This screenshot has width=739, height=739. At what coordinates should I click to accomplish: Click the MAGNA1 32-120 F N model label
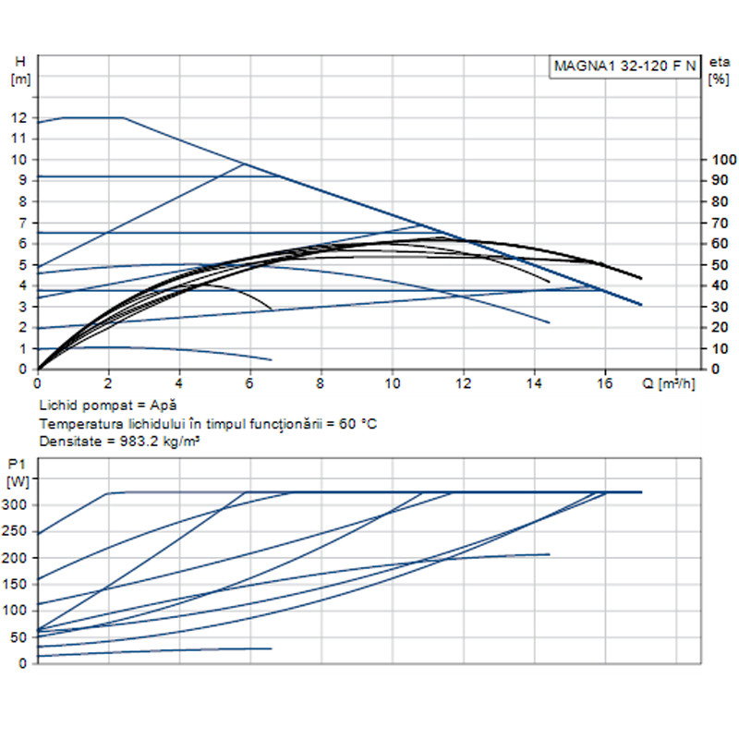pyautogui.click(x=625, y=67)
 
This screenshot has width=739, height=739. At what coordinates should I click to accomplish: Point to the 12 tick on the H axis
pyautogui.click(x=19, y=117)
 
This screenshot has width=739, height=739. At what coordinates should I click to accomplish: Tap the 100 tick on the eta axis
pyautogui.click(x=718, y=160)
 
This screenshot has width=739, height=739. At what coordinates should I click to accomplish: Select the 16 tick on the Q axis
pyautogui.click(x=605, y=382)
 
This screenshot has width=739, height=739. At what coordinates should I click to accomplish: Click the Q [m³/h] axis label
pyautogui.click(x=669, y=382)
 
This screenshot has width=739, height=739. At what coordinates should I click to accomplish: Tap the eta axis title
pyautogui.click(x=719, y=62)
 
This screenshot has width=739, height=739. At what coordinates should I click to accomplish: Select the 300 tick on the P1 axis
pyautogui.click(x=18, y=504)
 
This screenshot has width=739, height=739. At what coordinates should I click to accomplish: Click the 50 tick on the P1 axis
pyautogui.click(x=21, y=636)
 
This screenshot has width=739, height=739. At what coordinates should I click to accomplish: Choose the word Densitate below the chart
pyautogui.click(x=67, y=442)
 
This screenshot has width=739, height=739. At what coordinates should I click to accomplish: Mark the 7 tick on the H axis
pyautogui.click(x=24, y=223)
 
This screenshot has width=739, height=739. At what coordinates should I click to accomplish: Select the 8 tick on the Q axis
pyautogui.click(x=321, y=382)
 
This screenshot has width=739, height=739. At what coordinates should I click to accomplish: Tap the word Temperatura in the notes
pyautogui.click(x=78, y=423)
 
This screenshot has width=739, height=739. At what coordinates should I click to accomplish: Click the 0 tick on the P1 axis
pyautogui.click(x=25, y=663)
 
